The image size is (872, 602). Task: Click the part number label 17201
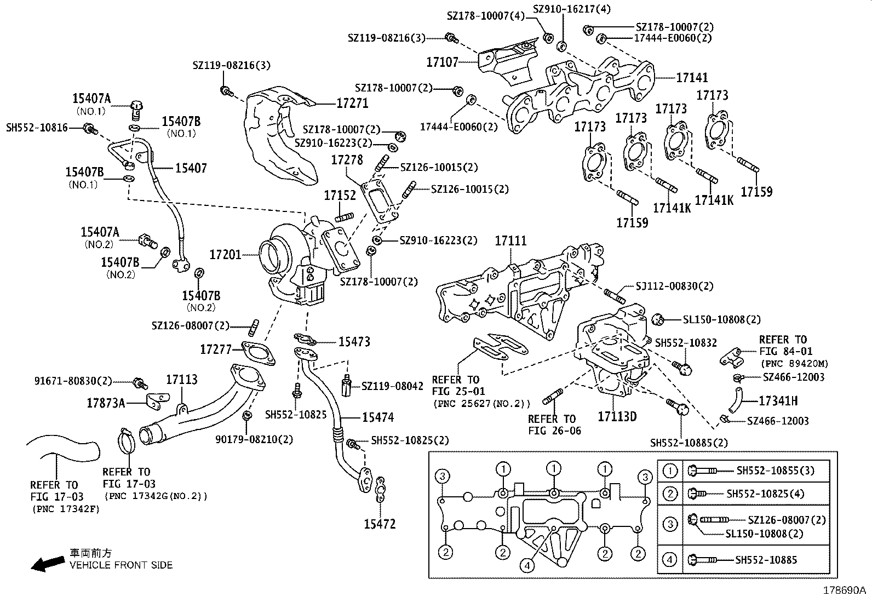[x=225, y=255]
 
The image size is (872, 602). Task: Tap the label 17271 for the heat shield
[x=352, y=104]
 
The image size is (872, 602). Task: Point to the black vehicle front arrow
[x=47, y=564]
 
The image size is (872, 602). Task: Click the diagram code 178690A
[x=844, y=591]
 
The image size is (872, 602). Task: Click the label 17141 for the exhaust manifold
[x=692, y=78]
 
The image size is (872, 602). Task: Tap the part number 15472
[x=380, y=524]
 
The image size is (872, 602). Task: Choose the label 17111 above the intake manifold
[x=511, y=240]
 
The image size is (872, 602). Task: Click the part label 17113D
[x=617, y=416]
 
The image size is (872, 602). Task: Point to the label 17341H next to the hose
[x=778, y=401]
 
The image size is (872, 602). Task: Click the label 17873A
[x=106, y=404]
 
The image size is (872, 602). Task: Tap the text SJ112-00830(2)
[x=674, y=286]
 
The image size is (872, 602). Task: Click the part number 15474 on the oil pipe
[x=377, y=417]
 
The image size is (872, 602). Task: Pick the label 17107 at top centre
[x=442, y=62]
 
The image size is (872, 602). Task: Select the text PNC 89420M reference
[x=794, y=363]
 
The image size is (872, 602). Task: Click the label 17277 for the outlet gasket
[x=216, y=349]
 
